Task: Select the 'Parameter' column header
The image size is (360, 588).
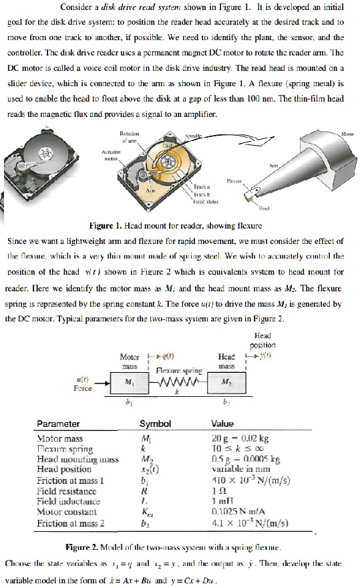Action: click(58, 424)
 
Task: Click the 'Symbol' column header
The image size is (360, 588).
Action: click(155, 424)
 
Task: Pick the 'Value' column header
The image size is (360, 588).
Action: click(222, 424)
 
